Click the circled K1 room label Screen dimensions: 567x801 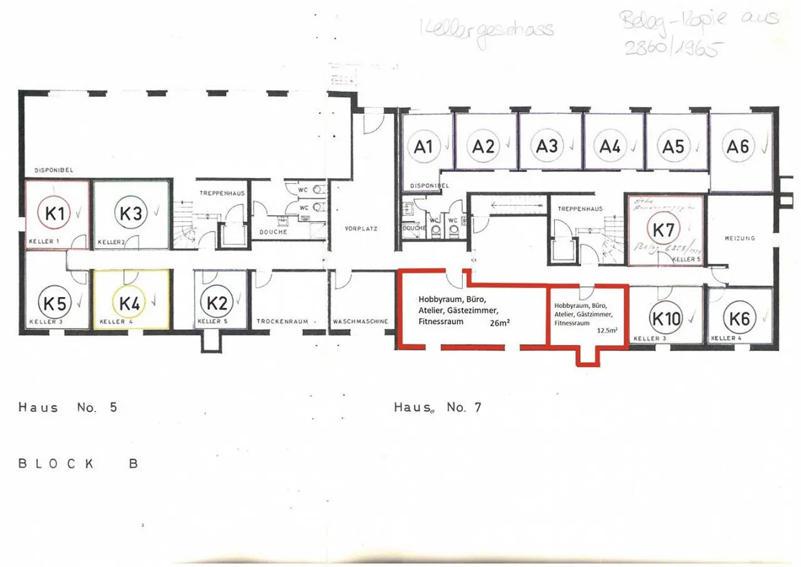click(55, 213)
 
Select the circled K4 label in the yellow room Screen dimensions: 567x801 click(129, 303)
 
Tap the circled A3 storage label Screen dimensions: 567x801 click(547, 146)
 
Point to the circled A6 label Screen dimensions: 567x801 click(738, 146)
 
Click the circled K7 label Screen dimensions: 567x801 click(664, 229)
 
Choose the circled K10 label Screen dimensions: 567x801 click(666, 319)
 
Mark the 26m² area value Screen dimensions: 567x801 click(500, 323)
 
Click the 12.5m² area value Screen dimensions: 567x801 click(607, 331)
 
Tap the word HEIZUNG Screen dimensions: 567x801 click(740, 238)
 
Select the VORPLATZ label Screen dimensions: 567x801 click(361, 229)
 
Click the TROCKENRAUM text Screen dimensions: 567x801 click(282, 322)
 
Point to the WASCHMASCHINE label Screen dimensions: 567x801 click(360, 322)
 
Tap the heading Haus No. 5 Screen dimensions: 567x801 click(68, 407)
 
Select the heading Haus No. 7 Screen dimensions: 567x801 click(438, 407)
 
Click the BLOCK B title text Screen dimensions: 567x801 click(78, 464)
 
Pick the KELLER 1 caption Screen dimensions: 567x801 click(44, 241)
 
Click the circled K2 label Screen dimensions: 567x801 click(216, 303)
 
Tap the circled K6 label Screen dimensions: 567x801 click(739, 319)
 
